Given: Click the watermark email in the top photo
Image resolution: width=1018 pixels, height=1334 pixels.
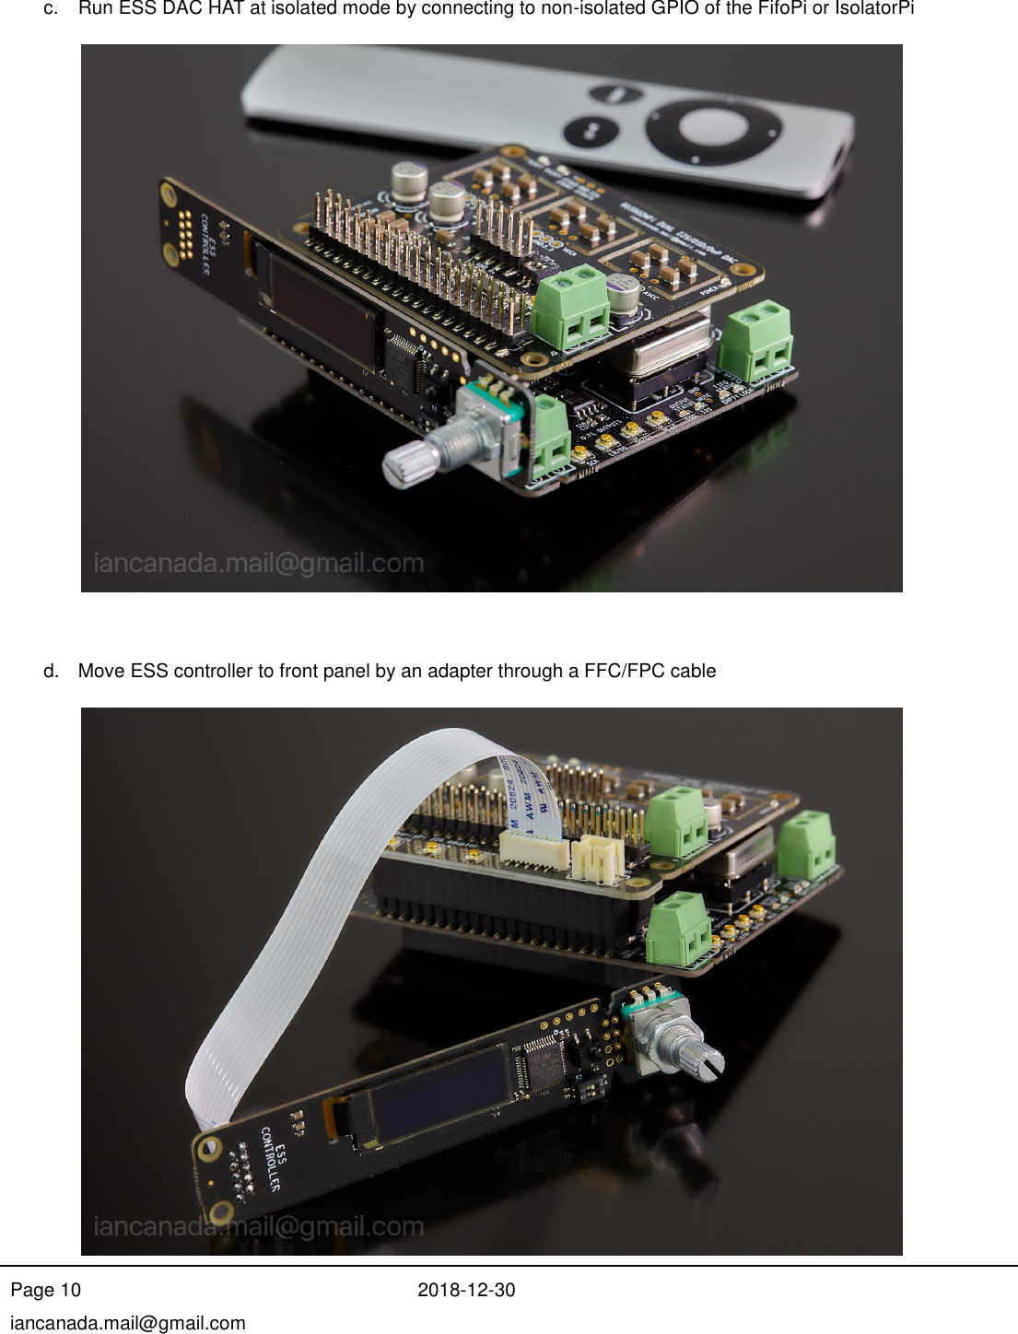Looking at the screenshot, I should click(259, 563).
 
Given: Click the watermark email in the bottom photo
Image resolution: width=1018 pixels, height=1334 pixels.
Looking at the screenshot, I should click(259, 1226).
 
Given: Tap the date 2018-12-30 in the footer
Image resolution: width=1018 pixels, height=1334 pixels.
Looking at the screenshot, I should click(466, 1290).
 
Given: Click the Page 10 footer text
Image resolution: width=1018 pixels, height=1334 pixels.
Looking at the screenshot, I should click(46, 1290).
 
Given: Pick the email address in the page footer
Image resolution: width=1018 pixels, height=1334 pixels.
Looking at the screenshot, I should click(128, 1323).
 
